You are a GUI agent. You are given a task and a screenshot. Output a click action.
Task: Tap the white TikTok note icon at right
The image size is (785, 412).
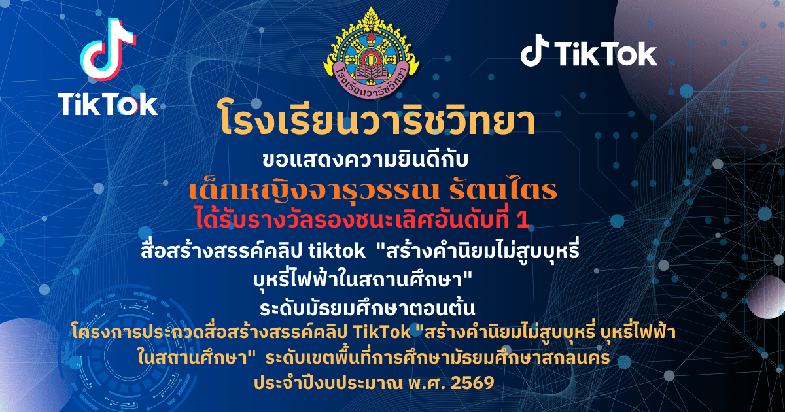534,50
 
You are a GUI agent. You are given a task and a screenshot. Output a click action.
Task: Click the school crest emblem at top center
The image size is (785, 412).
371,52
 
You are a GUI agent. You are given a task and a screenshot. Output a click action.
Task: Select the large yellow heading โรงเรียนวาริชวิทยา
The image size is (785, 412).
378,118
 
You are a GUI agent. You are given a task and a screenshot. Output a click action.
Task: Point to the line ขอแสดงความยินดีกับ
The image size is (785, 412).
365,160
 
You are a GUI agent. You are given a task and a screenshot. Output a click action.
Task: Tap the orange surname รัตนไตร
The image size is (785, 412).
503,190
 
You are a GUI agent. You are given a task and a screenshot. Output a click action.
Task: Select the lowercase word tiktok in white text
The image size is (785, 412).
337,251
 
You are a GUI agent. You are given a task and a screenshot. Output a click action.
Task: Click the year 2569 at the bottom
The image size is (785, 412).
472,383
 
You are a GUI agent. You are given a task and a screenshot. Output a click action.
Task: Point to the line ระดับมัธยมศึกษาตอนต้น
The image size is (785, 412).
368,308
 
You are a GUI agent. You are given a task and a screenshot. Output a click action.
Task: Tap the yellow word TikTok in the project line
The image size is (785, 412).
382,332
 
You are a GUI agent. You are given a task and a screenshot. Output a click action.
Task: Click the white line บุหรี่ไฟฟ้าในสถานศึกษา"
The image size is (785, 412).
363,280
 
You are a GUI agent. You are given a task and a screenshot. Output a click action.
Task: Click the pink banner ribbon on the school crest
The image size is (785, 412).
371,80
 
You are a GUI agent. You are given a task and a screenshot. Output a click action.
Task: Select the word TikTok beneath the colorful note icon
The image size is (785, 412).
107,104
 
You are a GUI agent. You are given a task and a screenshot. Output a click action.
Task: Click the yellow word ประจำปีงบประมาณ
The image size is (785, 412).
328,384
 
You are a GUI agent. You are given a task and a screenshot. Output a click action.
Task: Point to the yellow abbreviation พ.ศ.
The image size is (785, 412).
426,383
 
